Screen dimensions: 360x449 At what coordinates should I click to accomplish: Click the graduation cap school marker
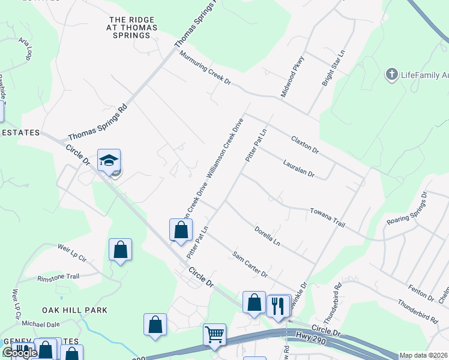(109, 161)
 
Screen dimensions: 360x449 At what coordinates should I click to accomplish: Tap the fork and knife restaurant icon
(278, 307)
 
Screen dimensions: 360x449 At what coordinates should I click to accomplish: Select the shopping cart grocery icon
(214, 335)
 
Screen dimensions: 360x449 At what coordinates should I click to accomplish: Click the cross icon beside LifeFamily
(391, 75)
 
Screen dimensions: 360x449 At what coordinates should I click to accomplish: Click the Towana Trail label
(327, 218)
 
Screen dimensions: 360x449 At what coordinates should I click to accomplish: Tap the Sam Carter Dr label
(250, 264)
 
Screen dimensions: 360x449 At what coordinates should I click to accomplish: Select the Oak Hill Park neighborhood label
(74, 310)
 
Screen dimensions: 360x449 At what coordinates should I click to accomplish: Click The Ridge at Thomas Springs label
(133, 28)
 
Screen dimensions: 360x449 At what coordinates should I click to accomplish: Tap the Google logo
(19, 353)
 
